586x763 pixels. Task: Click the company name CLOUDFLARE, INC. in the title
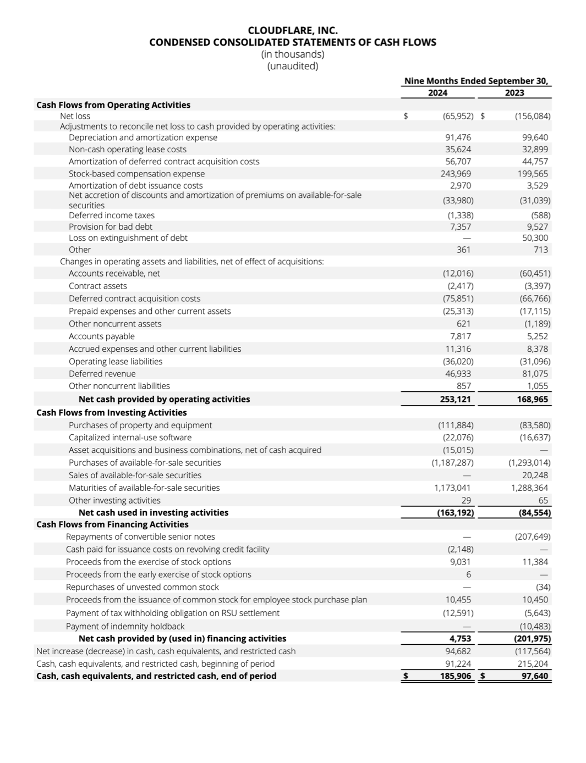pos(293,30)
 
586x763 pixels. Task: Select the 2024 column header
pos(437,93)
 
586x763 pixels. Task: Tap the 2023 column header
pos(514,93)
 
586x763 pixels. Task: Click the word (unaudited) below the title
pos(293,66)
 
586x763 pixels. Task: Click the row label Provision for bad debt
pos(111,226)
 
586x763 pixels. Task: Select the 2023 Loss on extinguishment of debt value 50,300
pos(535,238)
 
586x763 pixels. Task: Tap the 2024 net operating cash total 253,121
pos(456,399)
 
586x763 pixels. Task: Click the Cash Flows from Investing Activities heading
pos(111,412)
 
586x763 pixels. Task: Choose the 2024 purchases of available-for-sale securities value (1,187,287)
pos(452,463)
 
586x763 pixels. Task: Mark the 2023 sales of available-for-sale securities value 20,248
pos(535,475)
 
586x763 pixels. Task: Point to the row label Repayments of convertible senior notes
pos(140,537)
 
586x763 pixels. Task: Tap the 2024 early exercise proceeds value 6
pos(468,574)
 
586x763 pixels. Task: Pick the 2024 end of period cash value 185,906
pos(456,676)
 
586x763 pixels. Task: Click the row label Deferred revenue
pos(95,374)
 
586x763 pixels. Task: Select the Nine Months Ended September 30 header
pos(476,81)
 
